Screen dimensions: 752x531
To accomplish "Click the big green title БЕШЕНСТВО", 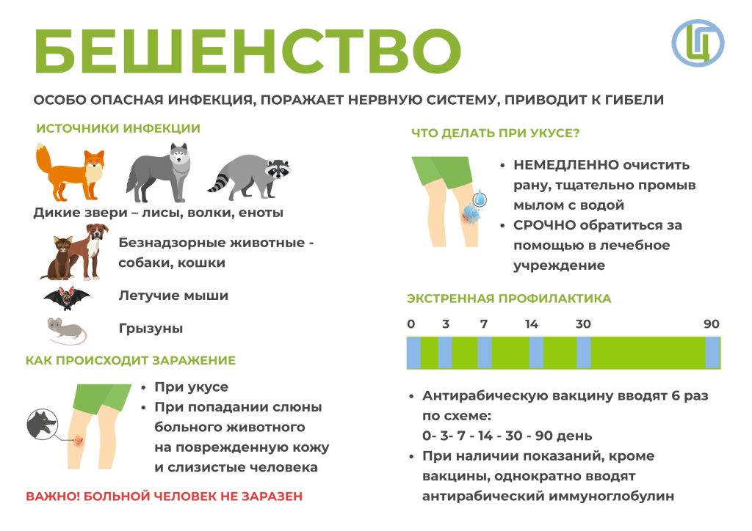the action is [x=247, y=51].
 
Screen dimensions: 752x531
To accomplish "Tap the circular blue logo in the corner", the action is [x=698, y=43].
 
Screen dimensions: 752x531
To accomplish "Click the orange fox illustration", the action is [x=70, y=172].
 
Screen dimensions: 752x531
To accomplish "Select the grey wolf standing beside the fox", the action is [x=159, y=173].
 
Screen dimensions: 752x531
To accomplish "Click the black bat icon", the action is [x=67, y=299].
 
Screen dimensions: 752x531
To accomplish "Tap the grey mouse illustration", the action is [x=67, y=330].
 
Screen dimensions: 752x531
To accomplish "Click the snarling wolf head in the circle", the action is [x=42, y=424].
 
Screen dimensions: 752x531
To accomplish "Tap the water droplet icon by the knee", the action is [x=480, y=198].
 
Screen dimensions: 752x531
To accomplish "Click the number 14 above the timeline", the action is [x=532, y=324].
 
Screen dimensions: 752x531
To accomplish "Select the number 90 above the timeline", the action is [x=712, y=324].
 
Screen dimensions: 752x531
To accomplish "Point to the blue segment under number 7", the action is [x=485, y=353].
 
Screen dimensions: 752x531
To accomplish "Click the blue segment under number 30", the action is [x=584, y=353].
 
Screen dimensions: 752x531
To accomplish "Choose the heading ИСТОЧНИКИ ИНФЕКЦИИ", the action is [x=118, y=129].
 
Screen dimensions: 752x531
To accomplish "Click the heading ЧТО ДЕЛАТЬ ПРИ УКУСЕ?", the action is [x=496, y=133].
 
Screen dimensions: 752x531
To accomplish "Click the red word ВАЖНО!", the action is [x=52, y=497].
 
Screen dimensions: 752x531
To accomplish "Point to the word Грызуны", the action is [x=151, y=329].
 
